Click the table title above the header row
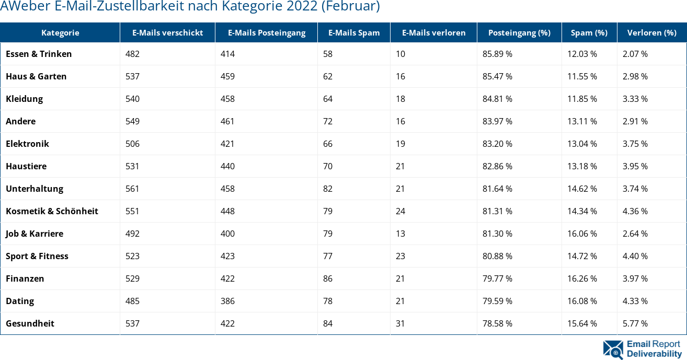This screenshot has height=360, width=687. click(190, 7)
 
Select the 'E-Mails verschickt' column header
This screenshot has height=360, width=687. click(167, 32)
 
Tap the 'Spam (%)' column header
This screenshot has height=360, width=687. click(589, 32)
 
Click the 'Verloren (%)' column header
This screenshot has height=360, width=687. click(651, 32)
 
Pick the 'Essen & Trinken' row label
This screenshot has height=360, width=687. click(39, 54)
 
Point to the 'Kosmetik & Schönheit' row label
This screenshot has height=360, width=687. click(52, 211)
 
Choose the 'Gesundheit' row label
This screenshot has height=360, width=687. click(30, 323)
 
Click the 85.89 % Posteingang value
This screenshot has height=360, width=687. click(497, 54)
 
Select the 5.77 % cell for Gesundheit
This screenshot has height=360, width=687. click(635, 323)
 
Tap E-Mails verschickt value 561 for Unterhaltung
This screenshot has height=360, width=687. click(132, 189)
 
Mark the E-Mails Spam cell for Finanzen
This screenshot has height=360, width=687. click(328, 278)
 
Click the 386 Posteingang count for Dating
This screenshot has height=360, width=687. click(227, 301)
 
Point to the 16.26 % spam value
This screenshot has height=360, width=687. click(582, 278)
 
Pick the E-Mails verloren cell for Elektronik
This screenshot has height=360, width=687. click(400, 144)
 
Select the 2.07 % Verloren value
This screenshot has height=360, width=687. click(635, 54)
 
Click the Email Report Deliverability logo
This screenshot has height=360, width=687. click(642, 349)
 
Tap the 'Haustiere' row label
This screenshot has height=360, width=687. click(26, 166)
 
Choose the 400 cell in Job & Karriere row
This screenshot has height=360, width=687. click(227, 234)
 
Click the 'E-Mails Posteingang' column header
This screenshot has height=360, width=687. click(266, 32)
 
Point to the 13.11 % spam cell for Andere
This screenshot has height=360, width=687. click(582, 121)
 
